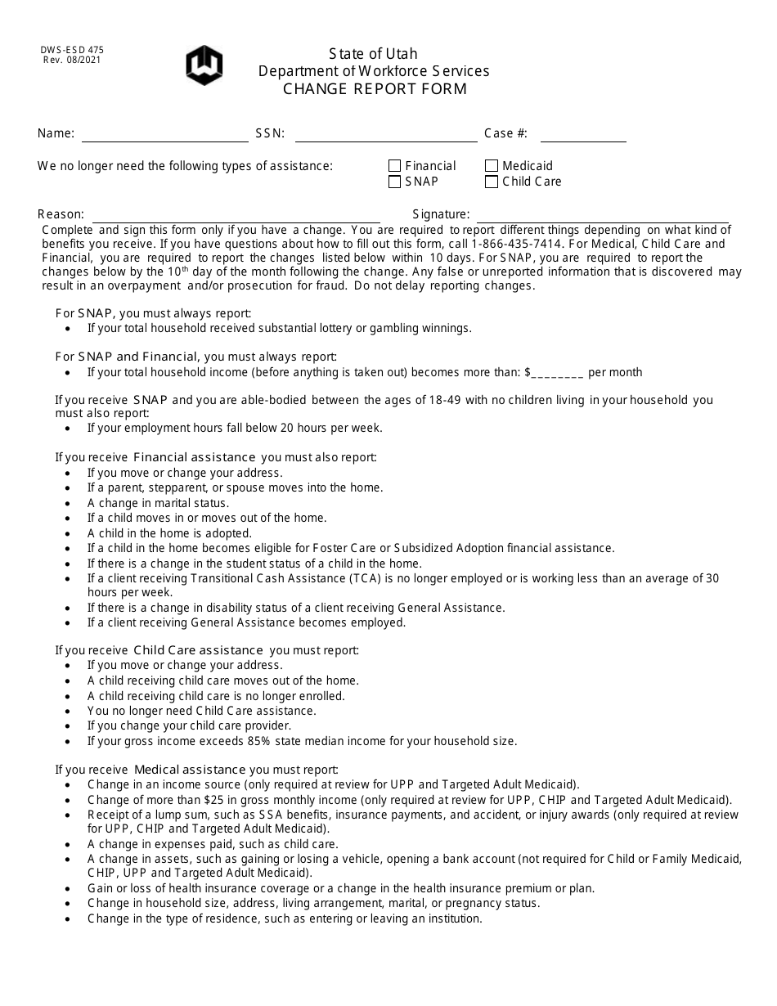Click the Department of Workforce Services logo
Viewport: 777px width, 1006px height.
point(204,65)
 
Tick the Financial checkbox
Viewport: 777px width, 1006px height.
point(395,166)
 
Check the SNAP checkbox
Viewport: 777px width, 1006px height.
point(395,182)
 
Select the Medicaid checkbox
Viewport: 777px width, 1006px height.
point(492,166)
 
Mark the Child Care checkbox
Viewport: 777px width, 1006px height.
point(492,182)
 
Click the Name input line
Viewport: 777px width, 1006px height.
point(164,135)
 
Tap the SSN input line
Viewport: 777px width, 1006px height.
point(385,135)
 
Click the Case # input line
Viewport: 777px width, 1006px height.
point(582,135)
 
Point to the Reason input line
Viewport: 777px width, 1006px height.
point(236,216)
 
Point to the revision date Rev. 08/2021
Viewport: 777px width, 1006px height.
point(72,60)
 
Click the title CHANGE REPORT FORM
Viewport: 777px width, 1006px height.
point(375,89)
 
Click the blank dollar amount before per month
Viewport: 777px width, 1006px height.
point(557,373)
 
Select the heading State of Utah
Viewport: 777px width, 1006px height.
point(373,54)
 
